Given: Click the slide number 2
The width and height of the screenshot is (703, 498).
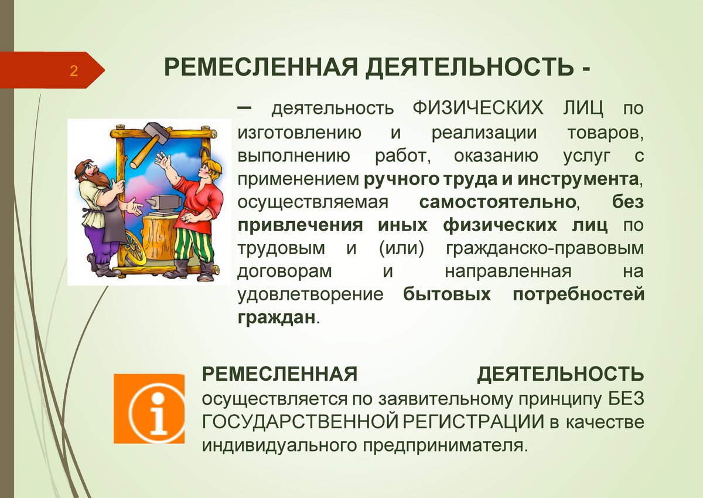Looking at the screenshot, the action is (74, 71).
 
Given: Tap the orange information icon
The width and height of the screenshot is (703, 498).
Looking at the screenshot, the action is (149, 408).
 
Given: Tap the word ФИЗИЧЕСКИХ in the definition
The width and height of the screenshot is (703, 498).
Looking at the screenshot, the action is (477, 108).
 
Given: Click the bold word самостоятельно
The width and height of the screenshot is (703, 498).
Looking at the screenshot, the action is (497, 202).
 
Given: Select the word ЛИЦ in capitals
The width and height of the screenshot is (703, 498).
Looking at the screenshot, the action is (583, 109).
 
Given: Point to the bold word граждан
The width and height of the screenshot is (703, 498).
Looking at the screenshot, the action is (277, 318).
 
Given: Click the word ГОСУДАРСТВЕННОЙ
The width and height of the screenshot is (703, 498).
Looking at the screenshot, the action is (301, 422).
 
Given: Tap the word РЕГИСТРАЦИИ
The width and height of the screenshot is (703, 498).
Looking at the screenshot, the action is (473, 422).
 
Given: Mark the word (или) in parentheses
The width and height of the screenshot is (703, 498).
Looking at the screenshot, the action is (401, 249).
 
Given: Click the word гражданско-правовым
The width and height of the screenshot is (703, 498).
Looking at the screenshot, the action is (545, 249).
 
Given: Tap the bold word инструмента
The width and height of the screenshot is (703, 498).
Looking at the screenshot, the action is (578, 179).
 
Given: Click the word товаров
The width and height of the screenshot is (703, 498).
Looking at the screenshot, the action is (605, 133).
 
